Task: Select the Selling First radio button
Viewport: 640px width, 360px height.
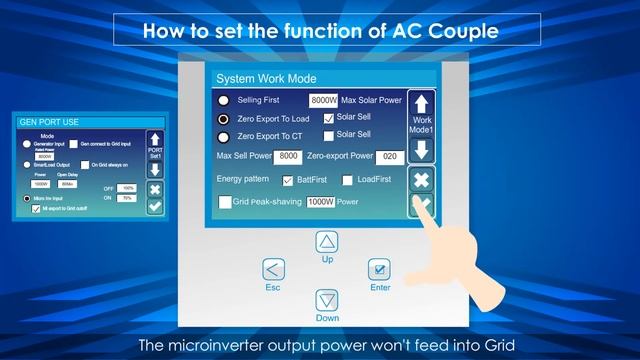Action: click(x=223, y=101)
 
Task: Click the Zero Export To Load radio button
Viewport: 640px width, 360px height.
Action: click(x=223, y=118)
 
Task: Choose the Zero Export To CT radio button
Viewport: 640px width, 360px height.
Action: click(x=223, y=136)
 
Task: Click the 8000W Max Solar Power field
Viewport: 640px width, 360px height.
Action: click(x=323, y=101)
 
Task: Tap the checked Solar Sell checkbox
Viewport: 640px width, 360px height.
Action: click(x=328, y=119)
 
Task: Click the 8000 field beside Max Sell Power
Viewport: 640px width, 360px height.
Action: click(x=289, y=157)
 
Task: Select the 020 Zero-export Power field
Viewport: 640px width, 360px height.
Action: click(x=391, y=157)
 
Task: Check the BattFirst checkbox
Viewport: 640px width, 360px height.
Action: click(x=289, y=181)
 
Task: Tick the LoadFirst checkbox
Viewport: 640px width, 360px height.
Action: click(x=348, y=181)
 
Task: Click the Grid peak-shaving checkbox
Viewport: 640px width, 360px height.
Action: click(x=225, y=202)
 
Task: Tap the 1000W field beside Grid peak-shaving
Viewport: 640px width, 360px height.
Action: click(x=320, y=202)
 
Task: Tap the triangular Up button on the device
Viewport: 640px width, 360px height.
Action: click(x=327, y=241)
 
